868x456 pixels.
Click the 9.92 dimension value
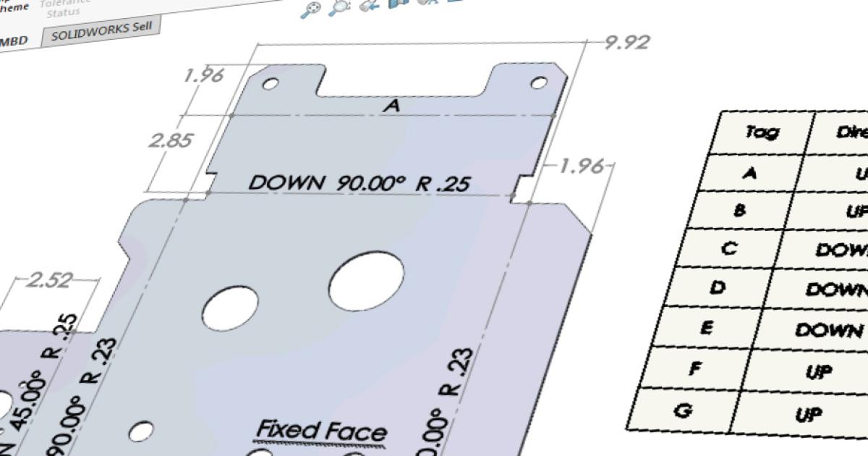(627, 42)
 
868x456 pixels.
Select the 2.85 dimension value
(170, 140)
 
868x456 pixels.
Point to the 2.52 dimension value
(49, 280)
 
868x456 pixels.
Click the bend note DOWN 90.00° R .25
(359, 182)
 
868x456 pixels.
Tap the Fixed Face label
(322, 430)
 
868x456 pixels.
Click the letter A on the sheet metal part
(391, 106)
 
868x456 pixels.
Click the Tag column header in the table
(762, 132)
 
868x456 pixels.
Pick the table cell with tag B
(739, 210)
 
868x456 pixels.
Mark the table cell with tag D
(717, 287)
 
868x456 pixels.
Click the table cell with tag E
(707, 328)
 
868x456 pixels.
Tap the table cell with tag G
(681, 411)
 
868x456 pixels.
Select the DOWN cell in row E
(828, 330)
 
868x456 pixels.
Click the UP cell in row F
(819, 371)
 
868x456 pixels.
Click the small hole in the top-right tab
(539, 83)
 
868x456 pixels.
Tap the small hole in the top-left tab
(270, 84)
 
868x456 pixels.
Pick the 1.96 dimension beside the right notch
(581, 167)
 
